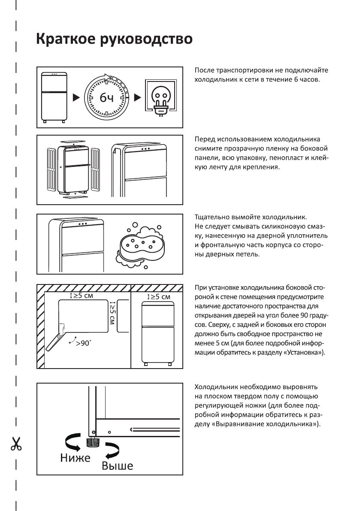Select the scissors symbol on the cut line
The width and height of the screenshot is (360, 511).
click(16, 443)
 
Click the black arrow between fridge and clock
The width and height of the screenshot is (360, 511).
click(76, 97)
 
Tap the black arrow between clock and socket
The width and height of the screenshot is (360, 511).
click(137, 97)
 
